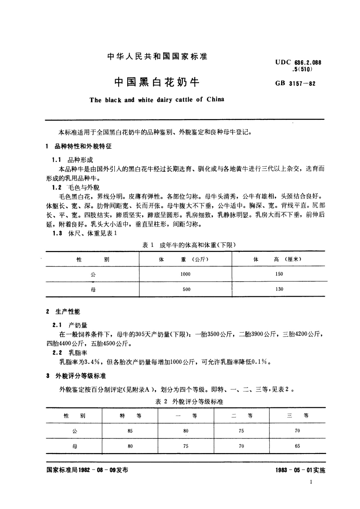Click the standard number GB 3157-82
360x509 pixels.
pos(295,84)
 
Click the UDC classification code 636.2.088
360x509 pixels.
pos(302,63)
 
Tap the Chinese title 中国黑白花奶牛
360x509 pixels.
pos(157,82)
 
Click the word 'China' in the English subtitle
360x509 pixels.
pos(215,99)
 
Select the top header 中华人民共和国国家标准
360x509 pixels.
pos(157,56)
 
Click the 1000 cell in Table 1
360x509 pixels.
pos(185,274)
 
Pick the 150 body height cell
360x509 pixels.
pos(279,274)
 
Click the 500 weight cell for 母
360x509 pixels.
pos(186,289)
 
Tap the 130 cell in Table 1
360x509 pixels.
pos(279,289)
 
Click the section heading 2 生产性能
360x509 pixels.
pos(63,312)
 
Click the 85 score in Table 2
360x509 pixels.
pos(130,431)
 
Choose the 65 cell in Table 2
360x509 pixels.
pos(297,446)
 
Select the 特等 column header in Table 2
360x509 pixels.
pos(130,416)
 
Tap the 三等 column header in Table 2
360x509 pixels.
pos(297,416)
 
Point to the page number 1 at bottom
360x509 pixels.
pos(311,482)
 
